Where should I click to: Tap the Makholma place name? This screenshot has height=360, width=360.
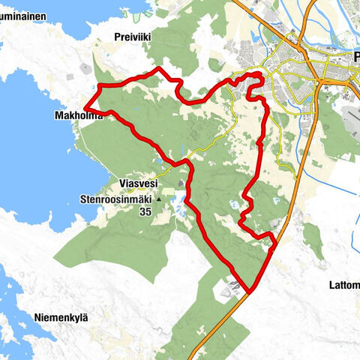(77, 116)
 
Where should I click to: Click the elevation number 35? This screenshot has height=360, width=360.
(145, 212)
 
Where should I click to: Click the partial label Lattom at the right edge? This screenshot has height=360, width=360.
(343, 284)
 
